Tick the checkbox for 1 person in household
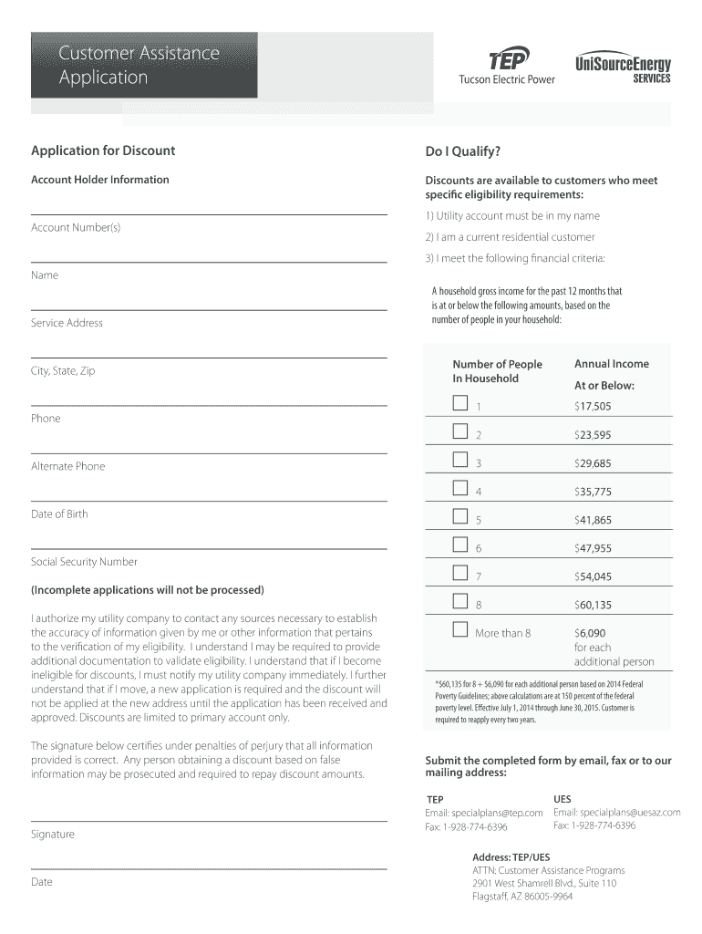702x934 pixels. click(x=460, y=404)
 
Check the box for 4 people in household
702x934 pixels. click(x=460, y=489)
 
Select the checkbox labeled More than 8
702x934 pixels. click(x=460, y=630)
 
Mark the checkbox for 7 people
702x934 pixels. click(x=460, y=574)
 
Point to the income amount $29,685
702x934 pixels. click(x=593, y=463)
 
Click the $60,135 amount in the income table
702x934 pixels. click(x=593, y=605)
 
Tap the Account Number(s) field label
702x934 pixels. click(x=76, y=227)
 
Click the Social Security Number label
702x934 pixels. click(x=84, y=562)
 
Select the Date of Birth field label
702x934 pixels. click(x=60, y=514)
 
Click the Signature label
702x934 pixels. click(x=53, y=835)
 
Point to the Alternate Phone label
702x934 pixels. click(x=68, y=466)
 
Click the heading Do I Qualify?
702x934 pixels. click(x=463, y=150)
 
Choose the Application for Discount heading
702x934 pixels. click(x=103, y=150)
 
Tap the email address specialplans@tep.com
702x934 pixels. click(x=484, y=813)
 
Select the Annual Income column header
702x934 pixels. click(x=612, y=364)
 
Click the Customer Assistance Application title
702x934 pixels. click(x=139, y=65)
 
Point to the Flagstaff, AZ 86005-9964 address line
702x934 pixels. click(x=522, y=897)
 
